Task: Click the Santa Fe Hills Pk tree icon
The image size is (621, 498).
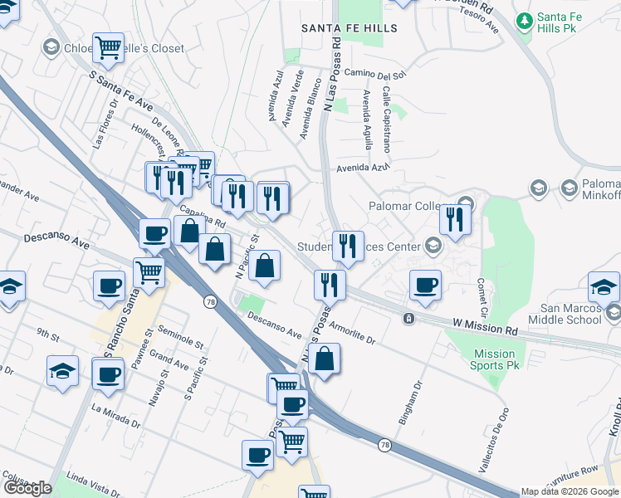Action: (524, 19)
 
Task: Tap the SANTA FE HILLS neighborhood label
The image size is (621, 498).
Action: (349, 28)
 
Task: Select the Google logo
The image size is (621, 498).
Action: (27, 488)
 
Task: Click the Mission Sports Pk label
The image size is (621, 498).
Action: (495, 359)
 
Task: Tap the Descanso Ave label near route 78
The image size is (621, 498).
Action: (273, 326)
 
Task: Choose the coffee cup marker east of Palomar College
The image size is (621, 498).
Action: (426, 286)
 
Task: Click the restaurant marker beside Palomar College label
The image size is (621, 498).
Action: (454, 219)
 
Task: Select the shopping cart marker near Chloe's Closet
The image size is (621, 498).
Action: (108, 49)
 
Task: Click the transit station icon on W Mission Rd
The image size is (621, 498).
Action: (408, 319)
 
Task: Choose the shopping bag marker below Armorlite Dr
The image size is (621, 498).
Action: (326, 359)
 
